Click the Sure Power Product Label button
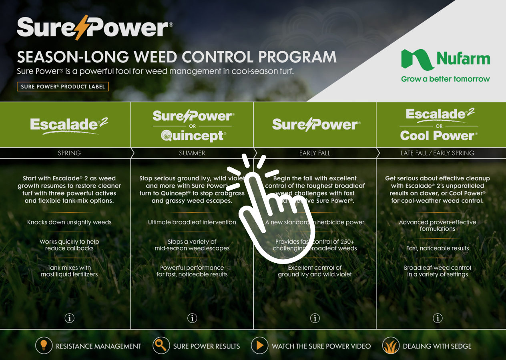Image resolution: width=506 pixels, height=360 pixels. pos(62,86)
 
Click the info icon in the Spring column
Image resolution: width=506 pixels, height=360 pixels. pos(69,318)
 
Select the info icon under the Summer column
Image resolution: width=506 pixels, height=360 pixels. pos(192,318)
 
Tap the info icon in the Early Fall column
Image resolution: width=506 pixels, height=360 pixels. pos(315,318)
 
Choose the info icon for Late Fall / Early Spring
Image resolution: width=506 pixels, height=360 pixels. pos(438,318)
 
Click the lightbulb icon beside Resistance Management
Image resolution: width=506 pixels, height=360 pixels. pos(44,346)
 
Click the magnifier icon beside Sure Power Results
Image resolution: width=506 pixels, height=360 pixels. pos(161,346)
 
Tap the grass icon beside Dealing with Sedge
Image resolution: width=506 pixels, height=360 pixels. pos(391,346)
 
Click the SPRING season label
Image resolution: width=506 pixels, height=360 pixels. pos(69,153)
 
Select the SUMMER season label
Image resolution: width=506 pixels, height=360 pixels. pos(192,153)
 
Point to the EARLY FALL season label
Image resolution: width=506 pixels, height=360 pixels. pos(315,153)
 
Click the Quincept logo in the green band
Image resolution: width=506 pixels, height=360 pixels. pos(193,136)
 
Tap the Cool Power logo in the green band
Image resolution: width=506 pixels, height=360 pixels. pos(439,136)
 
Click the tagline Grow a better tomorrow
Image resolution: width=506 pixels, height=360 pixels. pos(445,79)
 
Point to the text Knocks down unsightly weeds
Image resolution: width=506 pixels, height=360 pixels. pos(69,222)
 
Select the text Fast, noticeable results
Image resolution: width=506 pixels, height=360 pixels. pos(438,248)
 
